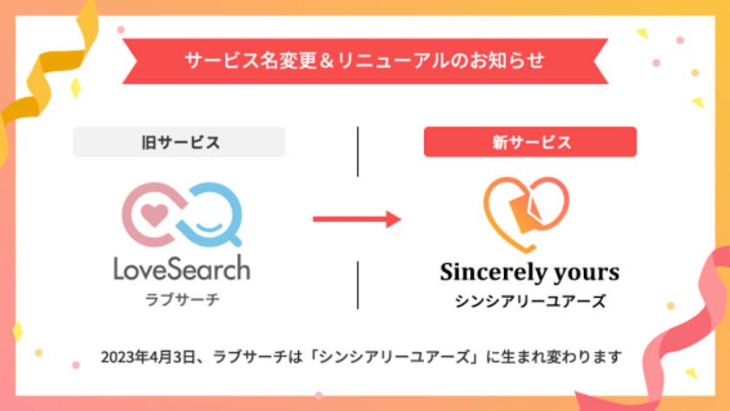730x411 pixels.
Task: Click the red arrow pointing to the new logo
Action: [x=356, y=218]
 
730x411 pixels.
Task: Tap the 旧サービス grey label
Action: [x=179, y=143]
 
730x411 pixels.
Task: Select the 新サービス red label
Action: [x=530, y=143]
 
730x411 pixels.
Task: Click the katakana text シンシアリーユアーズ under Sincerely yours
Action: [x=530, y=302]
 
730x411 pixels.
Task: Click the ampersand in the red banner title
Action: [x=335, y=61]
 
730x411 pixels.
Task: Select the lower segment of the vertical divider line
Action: [x=358, y=284]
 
